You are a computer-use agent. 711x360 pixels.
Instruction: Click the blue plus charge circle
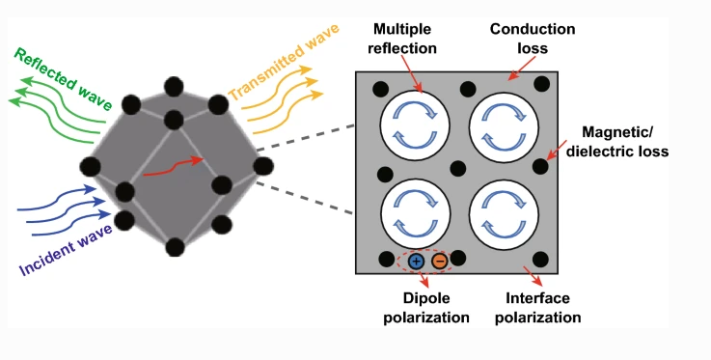tap(416, 262)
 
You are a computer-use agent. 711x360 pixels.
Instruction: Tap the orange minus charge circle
tap(439, 262)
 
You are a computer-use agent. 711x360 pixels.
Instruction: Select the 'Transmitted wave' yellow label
tap(284, 62)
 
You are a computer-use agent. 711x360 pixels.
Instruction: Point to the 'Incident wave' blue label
tap(66, 250)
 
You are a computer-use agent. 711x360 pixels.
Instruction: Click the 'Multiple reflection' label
tap(401, 39)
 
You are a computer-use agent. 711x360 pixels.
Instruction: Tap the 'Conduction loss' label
tap(533, 39)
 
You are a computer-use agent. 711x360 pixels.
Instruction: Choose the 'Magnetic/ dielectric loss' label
tap(617, 142)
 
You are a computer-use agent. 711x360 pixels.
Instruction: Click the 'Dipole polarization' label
tap(426, 308)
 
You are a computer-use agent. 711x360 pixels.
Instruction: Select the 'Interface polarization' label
tap(537, 308)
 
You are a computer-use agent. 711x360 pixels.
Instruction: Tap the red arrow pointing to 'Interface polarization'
tap(533, 276)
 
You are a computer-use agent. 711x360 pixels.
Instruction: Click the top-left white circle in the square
tap(415, 125)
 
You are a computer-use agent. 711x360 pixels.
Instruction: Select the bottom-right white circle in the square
tap(504, 214)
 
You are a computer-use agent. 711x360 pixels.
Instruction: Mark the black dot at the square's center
tap(458, 169)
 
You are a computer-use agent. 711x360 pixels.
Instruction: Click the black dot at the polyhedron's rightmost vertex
tap(263, 166)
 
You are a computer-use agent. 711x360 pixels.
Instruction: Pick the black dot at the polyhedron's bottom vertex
tap(175, 247)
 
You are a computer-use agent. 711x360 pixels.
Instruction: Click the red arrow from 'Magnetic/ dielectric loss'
tap(557, 150)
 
